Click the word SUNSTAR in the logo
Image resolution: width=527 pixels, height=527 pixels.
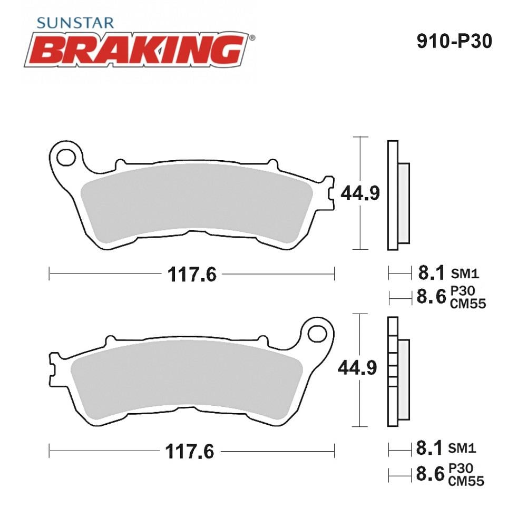pyautogui.click(x=75, y=23)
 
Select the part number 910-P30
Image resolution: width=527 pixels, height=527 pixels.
pyautogui.click(x=454, y=41)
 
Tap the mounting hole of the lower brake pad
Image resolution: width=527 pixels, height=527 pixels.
pyautogui.click(x=317, y=334)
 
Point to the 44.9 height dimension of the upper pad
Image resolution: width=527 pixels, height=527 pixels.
pyautogui.click(x=360, y=193)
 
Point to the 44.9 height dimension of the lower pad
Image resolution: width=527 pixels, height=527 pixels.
pyautogui.click(x=357, y=368)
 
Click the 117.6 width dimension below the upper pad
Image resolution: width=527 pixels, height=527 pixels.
pyautogui.click(x=192, y=275)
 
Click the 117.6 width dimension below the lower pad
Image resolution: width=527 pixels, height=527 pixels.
pyautogui.click(x=190, y=452)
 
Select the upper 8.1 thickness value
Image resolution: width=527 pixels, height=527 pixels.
pyautogui.click(x=432, y=272)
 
